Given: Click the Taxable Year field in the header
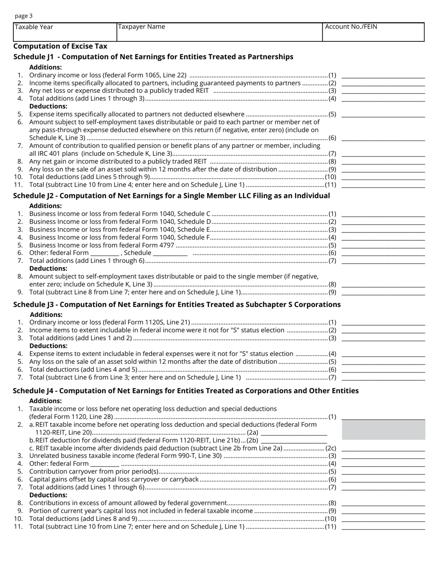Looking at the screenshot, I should coord(65,32).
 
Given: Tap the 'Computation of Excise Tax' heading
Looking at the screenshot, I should coord(60,46).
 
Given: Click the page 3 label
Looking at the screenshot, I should coord(23,16).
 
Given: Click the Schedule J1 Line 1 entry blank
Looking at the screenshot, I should coord(383,75).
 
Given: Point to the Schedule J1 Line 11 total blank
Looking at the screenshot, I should coord(383,185).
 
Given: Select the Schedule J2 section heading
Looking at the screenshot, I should coord(172,196).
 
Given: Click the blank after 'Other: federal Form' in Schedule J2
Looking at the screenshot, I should coord(105,253).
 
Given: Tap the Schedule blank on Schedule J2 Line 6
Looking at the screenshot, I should coord(170,253).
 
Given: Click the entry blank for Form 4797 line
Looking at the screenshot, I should coord(383,245).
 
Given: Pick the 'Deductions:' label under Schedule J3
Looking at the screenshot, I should coord(48,346).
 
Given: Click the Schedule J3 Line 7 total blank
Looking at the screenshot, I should coord(383,378).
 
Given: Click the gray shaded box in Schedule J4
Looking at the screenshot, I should coord(384,430).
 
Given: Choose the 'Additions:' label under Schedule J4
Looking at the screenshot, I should coord(46,401).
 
